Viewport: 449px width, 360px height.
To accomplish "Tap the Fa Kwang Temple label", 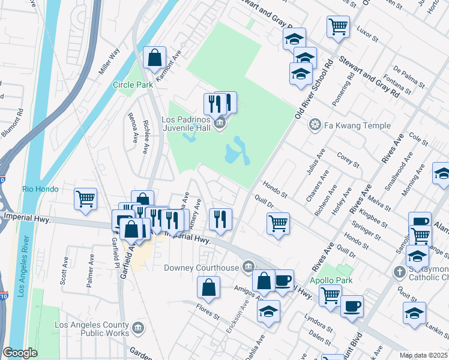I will tap(357, 125).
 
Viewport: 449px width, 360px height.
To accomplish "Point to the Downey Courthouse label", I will tap(203, 267).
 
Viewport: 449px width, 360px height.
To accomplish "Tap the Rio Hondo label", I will tap(40, 189).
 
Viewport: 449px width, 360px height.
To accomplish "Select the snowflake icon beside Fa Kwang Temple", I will tap(314, 125).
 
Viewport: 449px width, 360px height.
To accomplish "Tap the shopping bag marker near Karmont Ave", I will tap(155, 58).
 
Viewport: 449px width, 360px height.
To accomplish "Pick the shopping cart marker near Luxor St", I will tap(339, 26).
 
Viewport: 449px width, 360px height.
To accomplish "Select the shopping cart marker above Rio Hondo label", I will tap(85, 198).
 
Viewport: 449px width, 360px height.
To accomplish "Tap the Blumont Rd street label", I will tap(14, 123).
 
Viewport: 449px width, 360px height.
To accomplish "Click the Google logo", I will tap(20, 353).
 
